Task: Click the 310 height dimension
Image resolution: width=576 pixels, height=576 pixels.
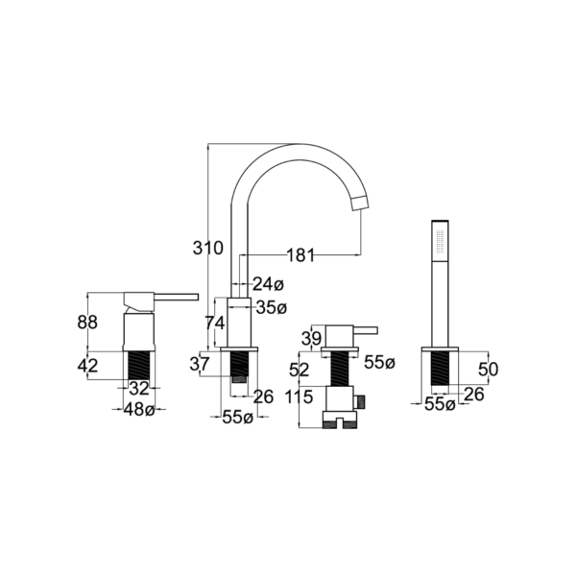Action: pyautogui.click(x=207, y=248)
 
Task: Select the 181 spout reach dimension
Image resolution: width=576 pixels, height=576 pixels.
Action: pyautogui.click(x=300, y=255)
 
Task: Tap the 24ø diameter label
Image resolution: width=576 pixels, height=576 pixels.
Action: pyautogui.click(x=269, y=284)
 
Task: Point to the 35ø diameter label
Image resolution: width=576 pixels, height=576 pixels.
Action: pyautogui.click(x=272, y=307)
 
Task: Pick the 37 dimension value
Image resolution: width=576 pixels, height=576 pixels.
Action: pyautogui.click(x=200, y=363)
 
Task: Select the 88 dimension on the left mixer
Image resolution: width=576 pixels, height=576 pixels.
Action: pyautogui.click(x=87, y=324)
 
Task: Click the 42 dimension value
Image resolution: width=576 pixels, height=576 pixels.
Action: pyautogui.click(x=87, y=364)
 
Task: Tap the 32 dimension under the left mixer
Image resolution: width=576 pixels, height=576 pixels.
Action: pyautogui.click(x=139, y=389)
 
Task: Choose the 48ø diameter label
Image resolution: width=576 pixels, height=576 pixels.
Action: pyautogui.click(x=140, y=410)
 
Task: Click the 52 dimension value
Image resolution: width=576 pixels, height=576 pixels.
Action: pyautogui.click(x=299, y=369)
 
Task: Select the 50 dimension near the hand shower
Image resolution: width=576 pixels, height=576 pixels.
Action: pyautogui.click(x=489, y=370)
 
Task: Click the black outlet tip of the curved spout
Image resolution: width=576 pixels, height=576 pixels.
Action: pyautogui.click(x=360, y=200)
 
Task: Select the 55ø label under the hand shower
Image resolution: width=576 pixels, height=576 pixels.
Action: pyautogui.click(x=440, y=405)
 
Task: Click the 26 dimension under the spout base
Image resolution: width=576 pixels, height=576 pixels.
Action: pyautogui.click(x=264, y=396)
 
